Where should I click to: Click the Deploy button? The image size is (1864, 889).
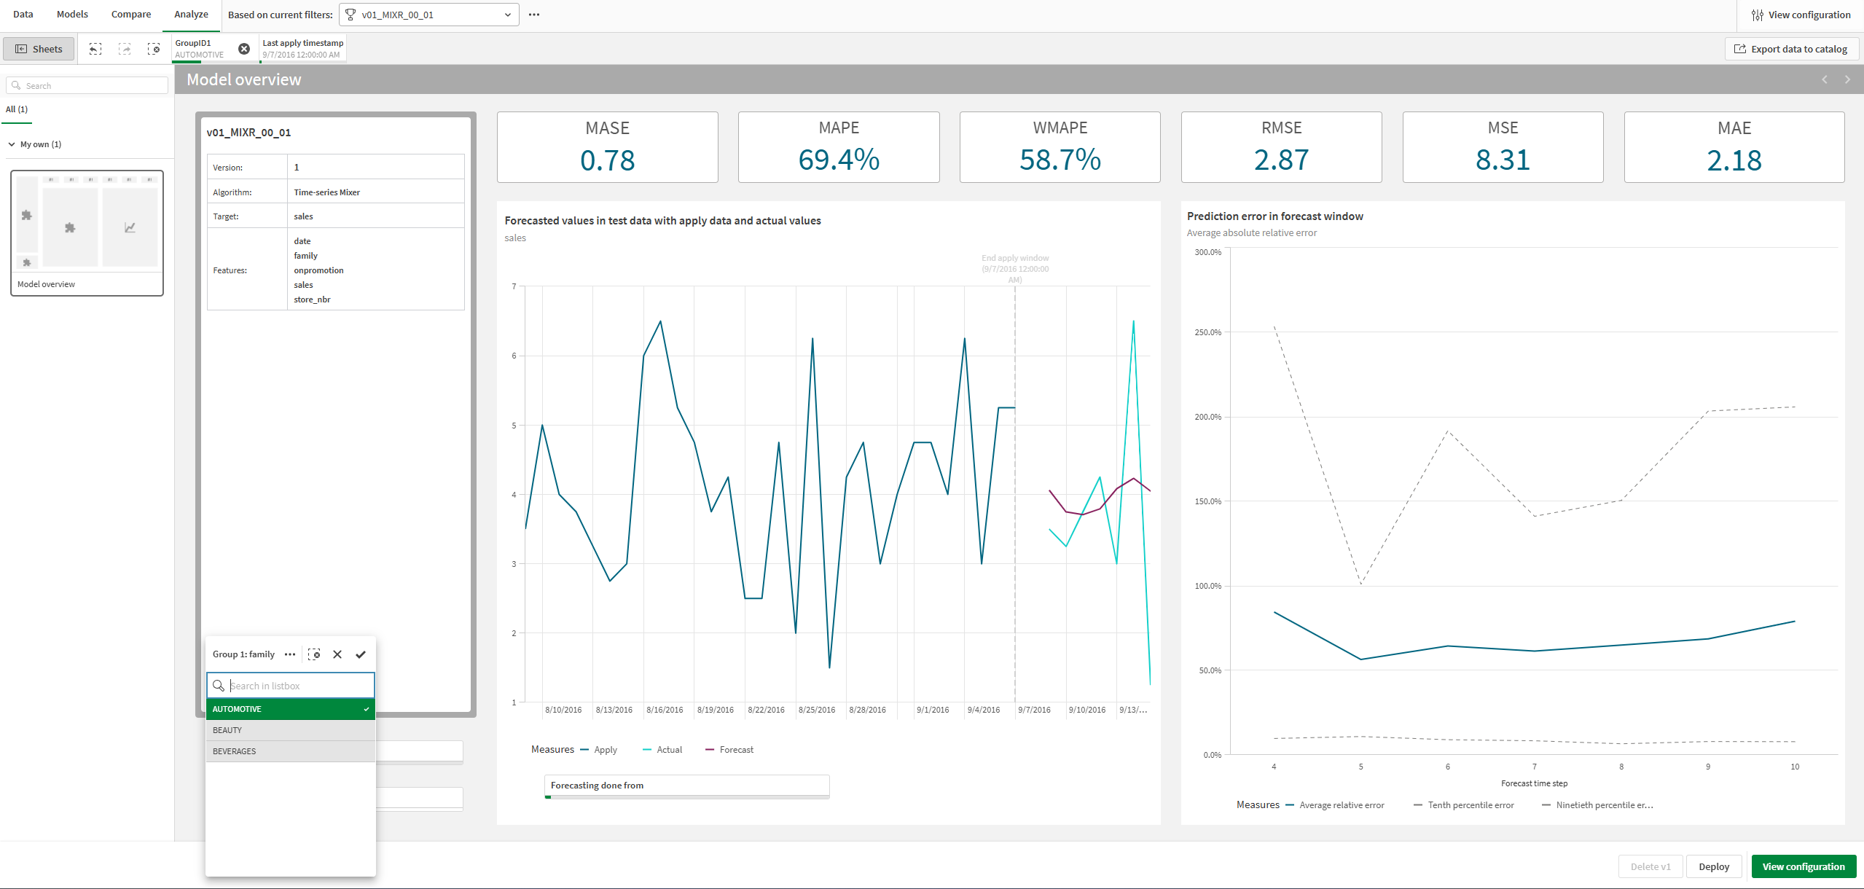(x=1713, y=866)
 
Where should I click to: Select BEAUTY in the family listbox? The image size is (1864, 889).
(x=290, y=730)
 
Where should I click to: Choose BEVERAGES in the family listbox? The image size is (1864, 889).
(x=290, y=751)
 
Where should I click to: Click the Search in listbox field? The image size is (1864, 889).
(x=299, y=686)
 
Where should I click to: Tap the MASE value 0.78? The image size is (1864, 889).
(x=607, y=160)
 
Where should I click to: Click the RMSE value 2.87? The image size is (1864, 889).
(x=1281, y=160)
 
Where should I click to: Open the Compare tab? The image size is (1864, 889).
(x=131, y=15)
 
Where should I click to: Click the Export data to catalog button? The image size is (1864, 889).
(x=1791, y=49)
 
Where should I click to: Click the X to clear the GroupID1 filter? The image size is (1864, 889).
(x=244, y=49)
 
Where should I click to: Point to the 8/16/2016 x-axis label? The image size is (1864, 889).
(x=665, y=710)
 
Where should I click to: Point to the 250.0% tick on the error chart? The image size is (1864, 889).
(x=1207, y=332)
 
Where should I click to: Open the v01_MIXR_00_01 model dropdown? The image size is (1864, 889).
(x=429, y=15)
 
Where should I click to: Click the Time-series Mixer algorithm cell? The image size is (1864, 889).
(x=327, y=192)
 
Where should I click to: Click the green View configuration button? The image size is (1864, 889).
(x=1803, y=866)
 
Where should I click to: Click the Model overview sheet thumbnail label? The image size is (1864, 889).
(x=47, y=284)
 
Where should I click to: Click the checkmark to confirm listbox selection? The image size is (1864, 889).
(x=360, y=654)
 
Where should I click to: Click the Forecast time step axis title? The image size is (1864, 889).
(x=1534, y=783)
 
